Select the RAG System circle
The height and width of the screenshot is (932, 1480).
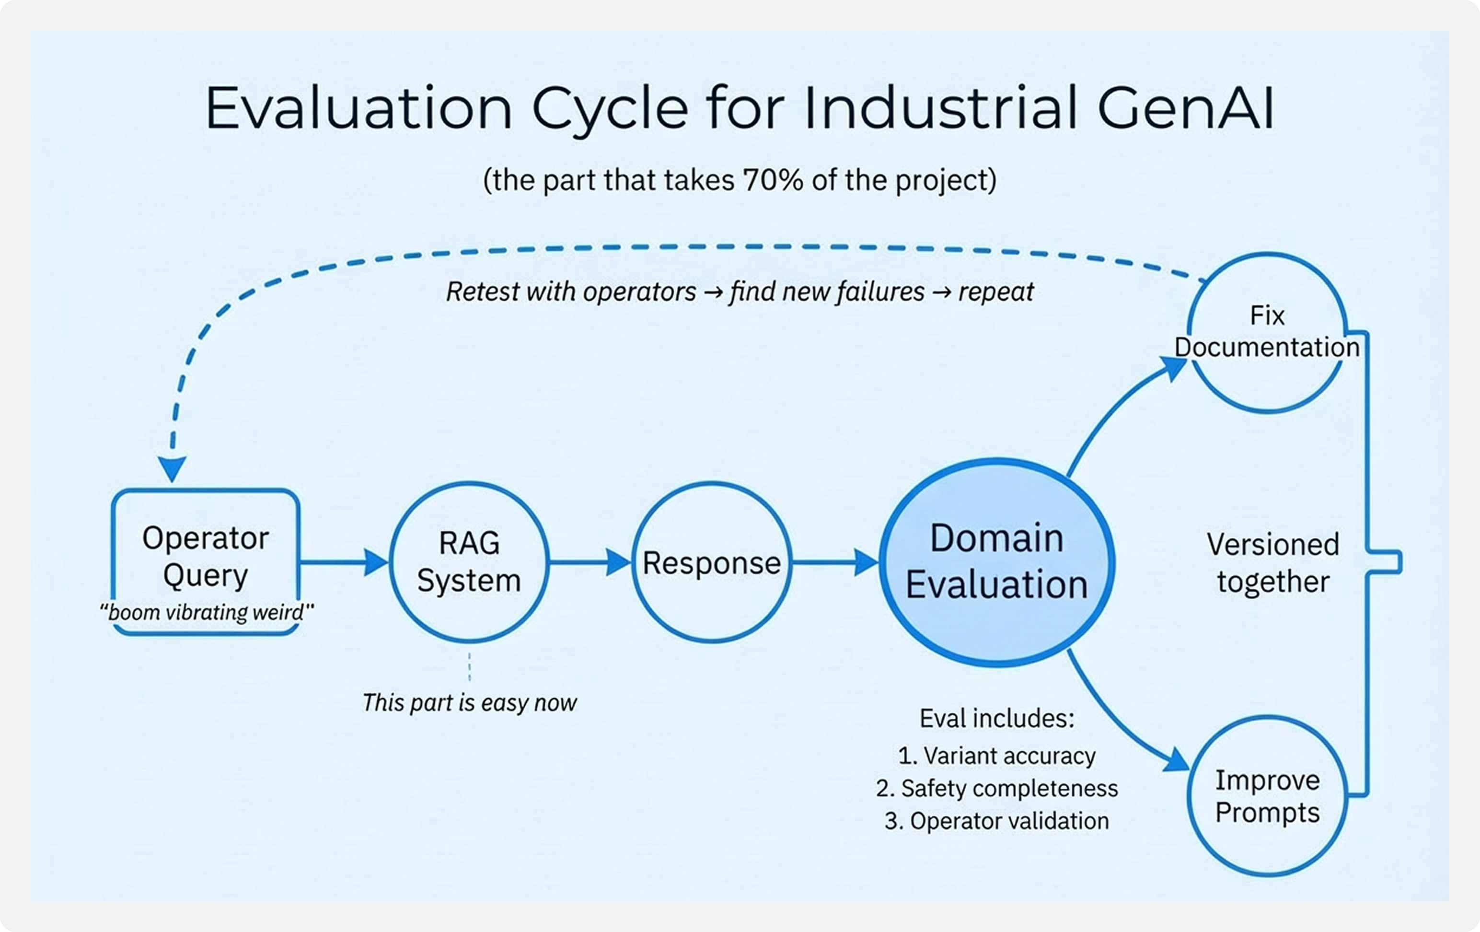(469, 562)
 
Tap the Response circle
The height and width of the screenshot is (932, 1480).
(712, 562)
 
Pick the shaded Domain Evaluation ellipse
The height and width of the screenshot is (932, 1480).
(996, 562)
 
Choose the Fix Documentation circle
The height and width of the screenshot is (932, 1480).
(1267, 332)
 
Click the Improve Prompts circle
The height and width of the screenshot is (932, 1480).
(1267, 796)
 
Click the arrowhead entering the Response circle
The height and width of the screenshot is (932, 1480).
(618, 562)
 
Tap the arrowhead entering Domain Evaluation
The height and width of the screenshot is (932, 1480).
(866, 562)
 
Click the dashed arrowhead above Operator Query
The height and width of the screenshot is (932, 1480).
(172, 468)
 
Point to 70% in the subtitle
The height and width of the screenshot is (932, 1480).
(773, 180)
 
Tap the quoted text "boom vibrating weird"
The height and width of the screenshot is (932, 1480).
(207, 612)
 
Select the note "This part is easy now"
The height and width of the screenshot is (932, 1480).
(469, 702)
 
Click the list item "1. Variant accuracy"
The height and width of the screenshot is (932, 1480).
(996, 756)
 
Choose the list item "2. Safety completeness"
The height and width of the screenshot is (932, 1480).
(996, 788)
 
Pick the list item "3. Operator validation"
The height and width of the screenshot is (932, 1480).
(996, 821)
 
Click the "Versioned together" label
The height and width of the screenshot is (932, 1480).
(1273, 562)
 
